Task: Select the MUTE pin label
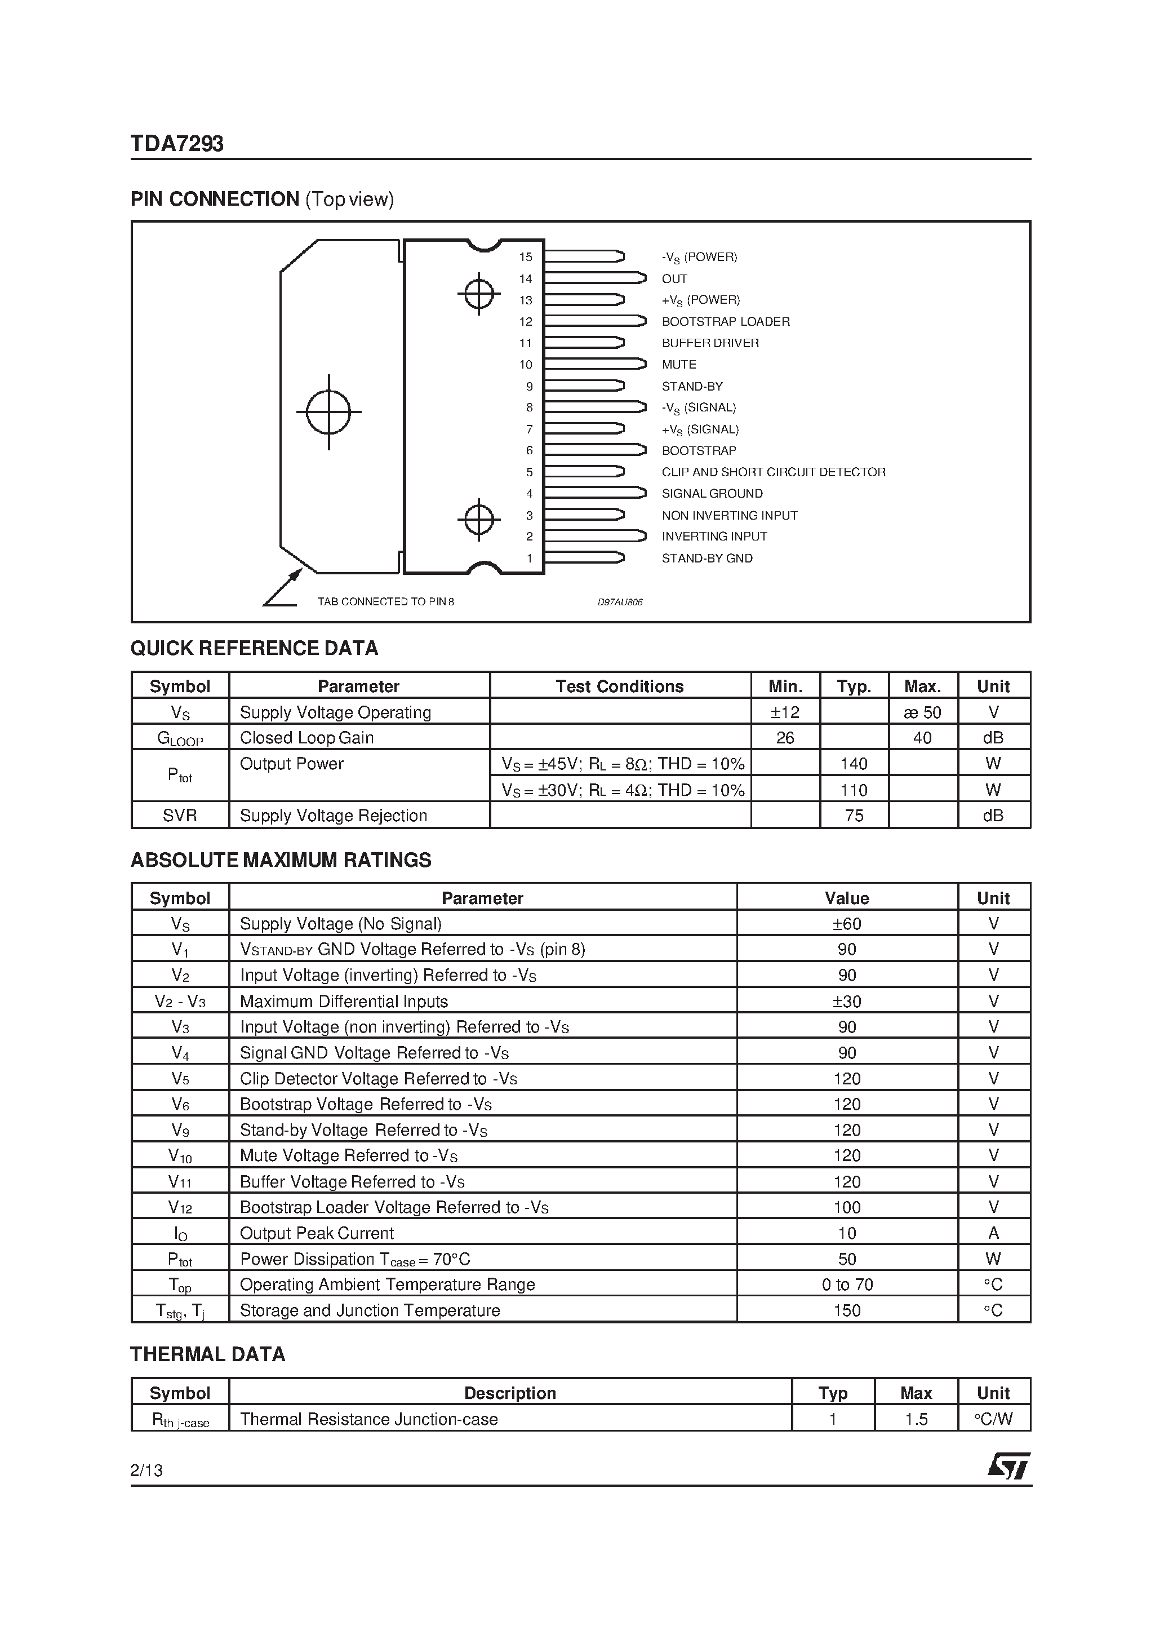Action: (x=678, y=365)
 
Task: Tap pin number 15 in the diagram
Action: (x=526, y=257)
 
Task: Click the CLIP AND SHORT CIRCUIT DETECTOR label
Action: (x=773, y=472)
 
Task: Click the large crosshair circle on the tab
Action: (x=328, y=412)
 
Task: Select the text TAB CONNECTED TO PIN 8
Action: (x=385, y=601)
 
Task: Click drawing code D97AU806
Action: (x=620, y=602)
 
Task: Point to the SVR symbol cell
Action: (x=179, y=816)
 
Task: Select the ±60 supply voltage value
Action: (x=847, y=924)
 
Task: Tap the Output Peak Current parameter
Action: (x=317, y=1233)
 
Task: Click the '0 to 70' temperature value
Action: (x=847, y=1285)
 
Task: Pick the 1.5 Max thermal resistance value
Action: (x=916, y=1419)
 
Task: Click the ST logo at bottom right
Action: (x=1008, y=1466)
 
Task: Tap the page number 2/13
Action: (x=146, y=1470)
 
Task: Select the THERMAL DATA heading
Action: (x=207, y=1354)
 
